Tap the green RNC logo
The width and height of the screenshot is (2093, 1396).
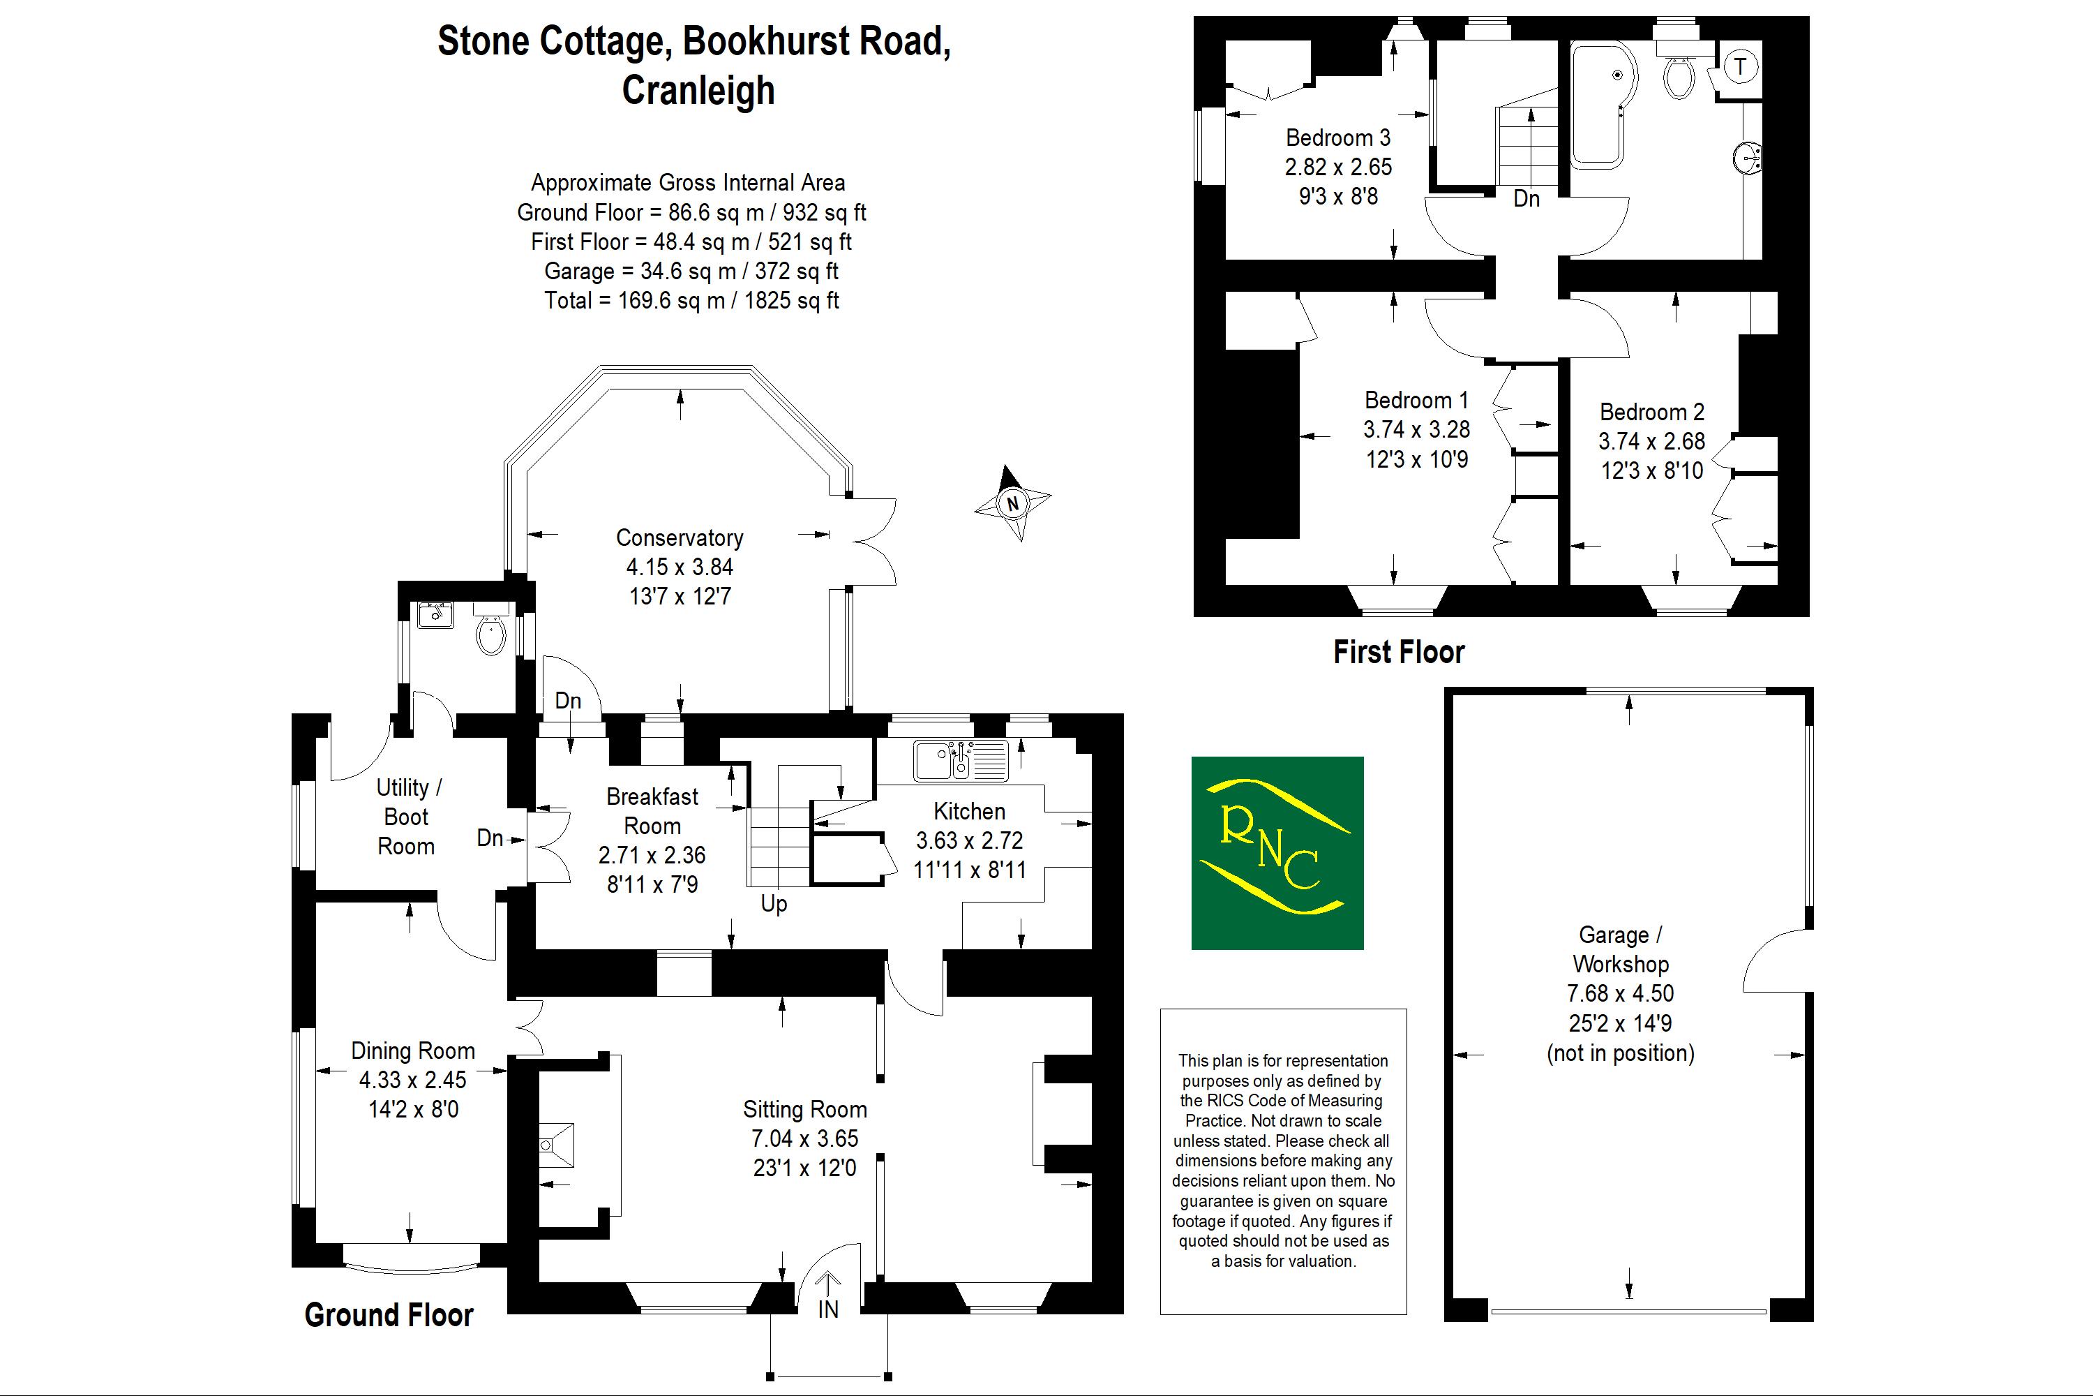tap(1277, 852)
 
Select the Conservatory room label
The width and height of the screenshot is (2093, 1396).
tap(679, 537)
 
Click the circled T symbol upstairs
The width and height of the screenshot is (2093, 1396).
tap(1741, 66)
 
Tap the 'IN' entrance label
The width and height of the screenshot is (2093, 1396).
tap(827, 1309)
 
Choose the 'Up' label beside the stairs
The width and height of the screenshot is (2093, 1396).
tap(773, 904)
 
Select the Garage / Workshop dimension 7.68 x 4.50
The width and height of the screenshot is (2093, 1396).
tap(1619, 993)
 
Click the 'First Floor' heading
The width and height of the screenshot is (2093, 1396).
tap(1398, 653)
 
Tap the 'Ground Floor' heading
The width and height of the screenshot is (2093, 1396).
tap(388, 1315)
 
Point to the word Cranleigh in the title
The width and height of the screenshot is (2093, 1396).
tap(698, 90)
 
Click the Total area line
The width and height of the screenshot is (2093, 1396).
tap(691, 300)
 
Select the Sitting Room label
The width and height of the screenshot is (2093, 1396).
tap(804, 1109)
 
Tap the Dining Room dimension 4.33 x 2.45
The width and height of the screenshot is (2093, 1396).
tap(412, 1080)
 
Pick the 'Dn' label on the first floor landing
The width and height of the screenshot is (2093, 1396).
tap(1526, 198)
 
